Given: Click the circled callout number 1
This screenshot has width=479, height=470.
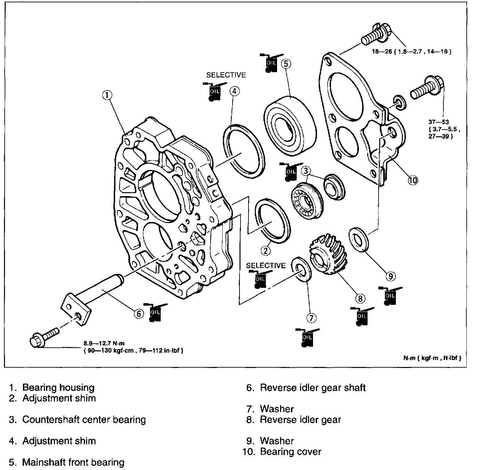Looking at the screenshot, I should [x=107, y=95].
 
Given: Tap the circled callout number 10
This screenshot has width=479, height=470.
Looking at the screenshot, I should [x=412, y=180].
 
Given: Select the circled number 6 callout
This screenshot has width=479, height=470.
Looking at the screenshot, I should [x=138, y=313].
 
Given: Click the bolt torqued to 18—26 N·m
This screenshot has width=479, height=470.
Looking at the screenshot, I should [x=376, y=36].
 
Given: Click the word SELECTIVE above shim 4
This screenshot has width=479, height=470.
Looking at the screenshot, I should [x=226, y=75].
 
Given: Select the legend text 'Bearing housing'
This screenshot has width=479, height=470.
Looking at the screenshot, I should [x=58, y=388].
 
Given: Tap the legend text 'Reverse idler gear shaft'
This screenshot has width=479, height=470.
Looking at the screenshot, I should [x=312, y=388].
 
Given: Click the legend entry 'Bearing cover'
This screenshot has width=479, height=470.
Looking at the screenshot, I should [x=290, y=452].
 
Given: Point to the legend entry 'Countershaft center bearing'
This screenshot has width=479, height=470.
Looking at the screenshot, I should [x=84, y=419].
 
